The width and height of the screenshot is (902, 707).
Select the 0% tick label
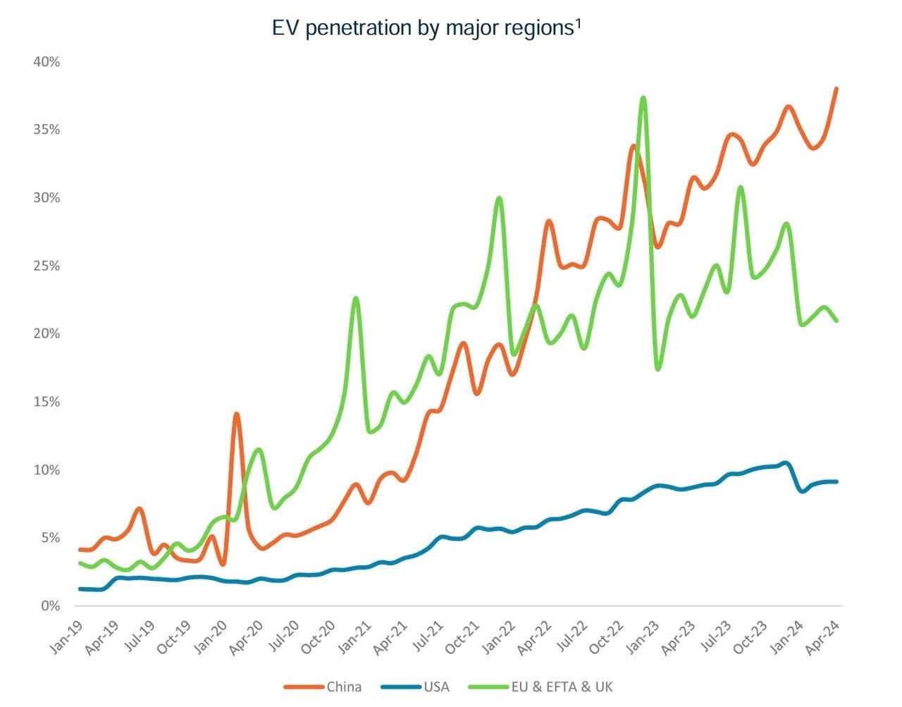(x=50, y=606)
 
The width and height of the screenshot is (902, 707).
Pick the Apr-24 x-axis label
(x=825, y=638)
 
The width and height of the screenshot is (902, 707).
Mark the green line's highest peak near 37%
(x=643, y=98)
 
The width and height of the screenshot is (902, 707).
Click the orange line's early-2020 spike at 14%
(x=236, y=414)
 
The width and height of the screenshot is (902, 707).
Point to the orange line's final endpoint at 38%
(x=836, y=89)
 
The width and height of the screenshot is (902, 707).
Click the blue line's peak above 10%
(x=786, y=463)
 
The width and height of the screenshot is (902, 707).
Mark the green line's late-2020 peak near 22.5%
(x=356, y=298)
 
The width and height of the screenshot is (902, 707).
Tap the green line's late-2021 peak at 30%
(x=499, y=198)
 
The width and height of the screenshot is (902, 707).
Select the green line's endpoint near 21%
(x=836, y=321)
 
